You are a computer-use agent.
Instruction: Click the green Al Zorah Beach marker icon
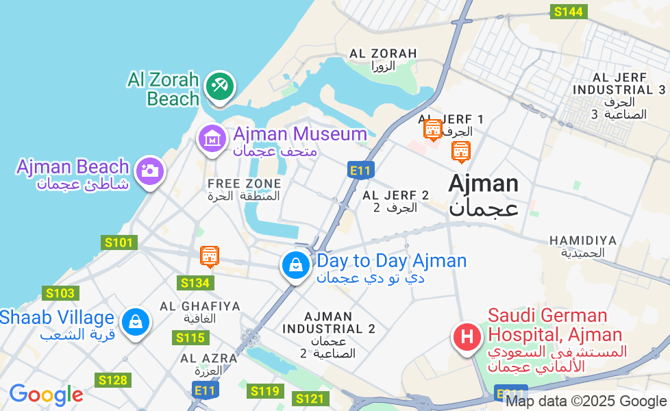point(219,87)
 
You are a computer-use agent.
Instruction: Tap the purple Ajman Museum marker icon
point(212,139)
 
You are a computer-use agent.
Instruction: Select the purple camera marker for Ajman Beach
point(149,171)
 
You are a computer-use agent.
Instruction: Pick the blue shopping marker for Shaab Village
point(136,321)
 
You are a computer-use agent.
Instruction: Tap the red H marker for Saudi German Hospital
point(467,337)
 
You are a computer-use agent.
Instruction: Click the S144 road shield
point(569,11)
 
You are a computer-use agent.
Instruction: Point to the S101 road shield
point(119,242)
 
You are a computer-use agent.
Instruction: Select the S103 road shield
point(60,293)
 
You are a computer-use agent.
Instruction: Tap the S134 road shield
point(195,283)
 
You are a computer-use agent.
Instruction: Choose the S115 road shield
point(190,338)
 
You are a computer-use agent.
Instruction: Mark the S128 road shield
point(112,380)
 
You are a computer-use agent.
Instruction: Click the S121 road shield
point(310,398)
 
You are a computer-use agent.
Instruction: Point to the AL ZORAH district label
point(383,53)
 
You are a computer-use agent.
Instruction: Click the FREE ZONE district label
point(244,184)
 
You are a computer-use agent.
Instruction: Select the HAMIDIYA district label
point(583,240)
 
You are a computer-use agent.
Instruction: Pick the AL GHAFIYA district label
point(199,306)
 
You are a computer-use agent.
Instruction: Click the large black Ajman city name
point(483,184)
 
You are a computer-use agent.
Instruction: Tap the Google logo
point(46,395)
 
